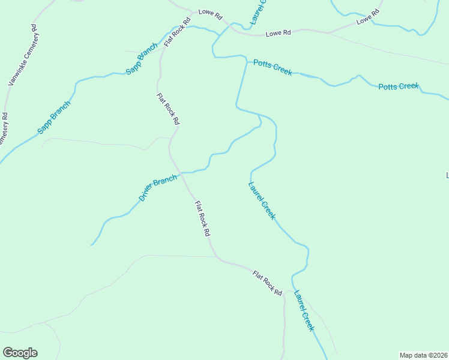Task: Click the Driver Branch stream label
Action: [x=158, y=188]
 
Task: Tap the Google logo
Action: [x=20, y=353]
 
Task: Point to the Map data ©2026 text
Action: [x=423, y=355]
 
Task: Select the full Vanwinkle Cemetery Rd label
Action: [x=22, y=55]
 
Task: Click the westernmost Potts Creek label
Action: [x=273, y=67]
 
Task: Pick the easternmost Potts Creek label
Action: [x=398, y=86]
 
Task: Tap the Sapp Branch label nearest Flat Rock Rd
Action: [x=142, y=59]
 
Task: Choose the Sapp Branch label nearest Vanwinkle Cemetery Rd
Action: [x=54, y=116]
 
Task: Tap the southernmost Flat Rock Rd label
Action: [x=267, y=284]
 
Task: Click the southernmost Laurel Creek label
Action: [x=304, y=311]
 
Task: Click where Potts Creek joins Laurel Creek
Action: [x=246, y=59]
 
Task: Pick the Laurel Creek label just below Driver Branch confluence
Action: [x=262, y=200]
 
